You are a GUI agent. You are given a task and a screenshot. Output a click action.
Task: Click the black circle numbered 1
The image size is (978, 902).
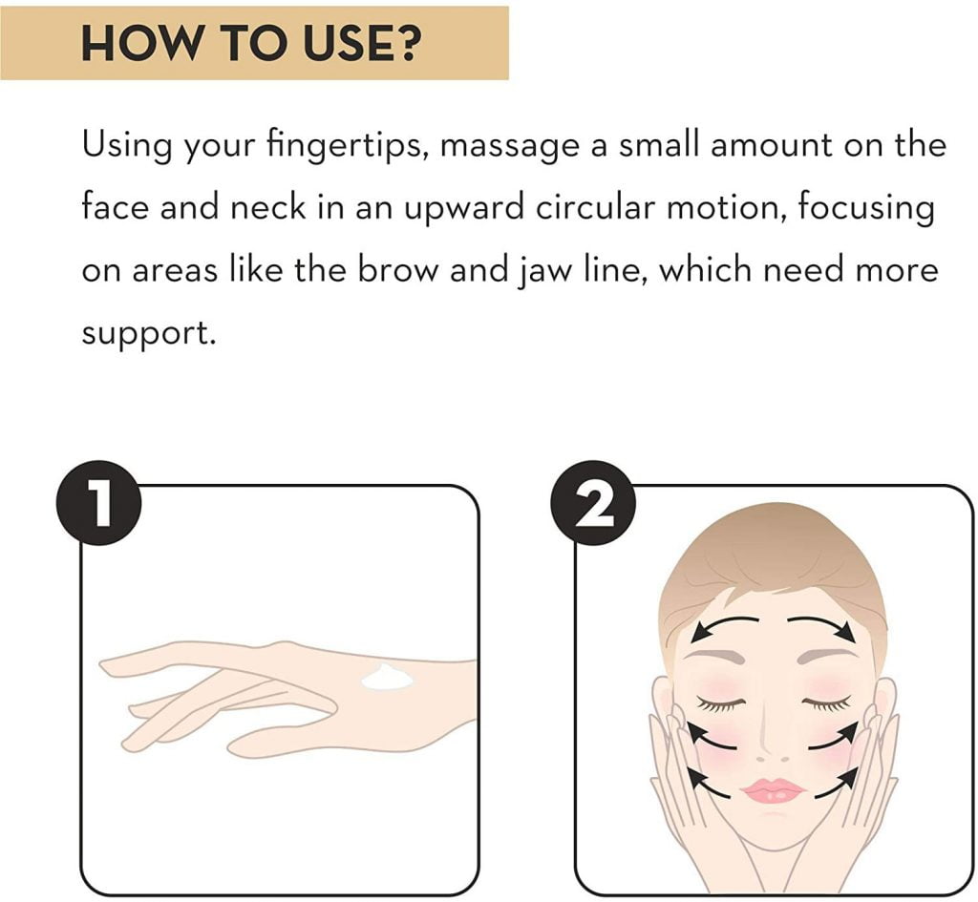98,503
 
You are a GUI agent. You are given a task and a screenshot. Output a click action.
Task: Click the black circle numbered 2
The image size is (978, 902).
592,503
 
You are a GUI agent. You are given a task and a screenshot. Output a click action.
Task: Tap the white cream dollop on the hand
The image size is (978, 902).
387,677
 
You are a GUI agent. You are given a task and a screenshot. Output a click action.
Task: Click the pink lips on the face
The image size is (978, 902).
773,791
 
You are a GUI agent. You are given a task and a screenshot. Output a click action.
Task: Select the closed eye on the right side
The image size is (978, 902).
826,703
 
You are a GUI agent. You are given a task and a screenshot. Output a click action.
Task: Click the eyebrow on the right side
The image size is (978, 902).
828,656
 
